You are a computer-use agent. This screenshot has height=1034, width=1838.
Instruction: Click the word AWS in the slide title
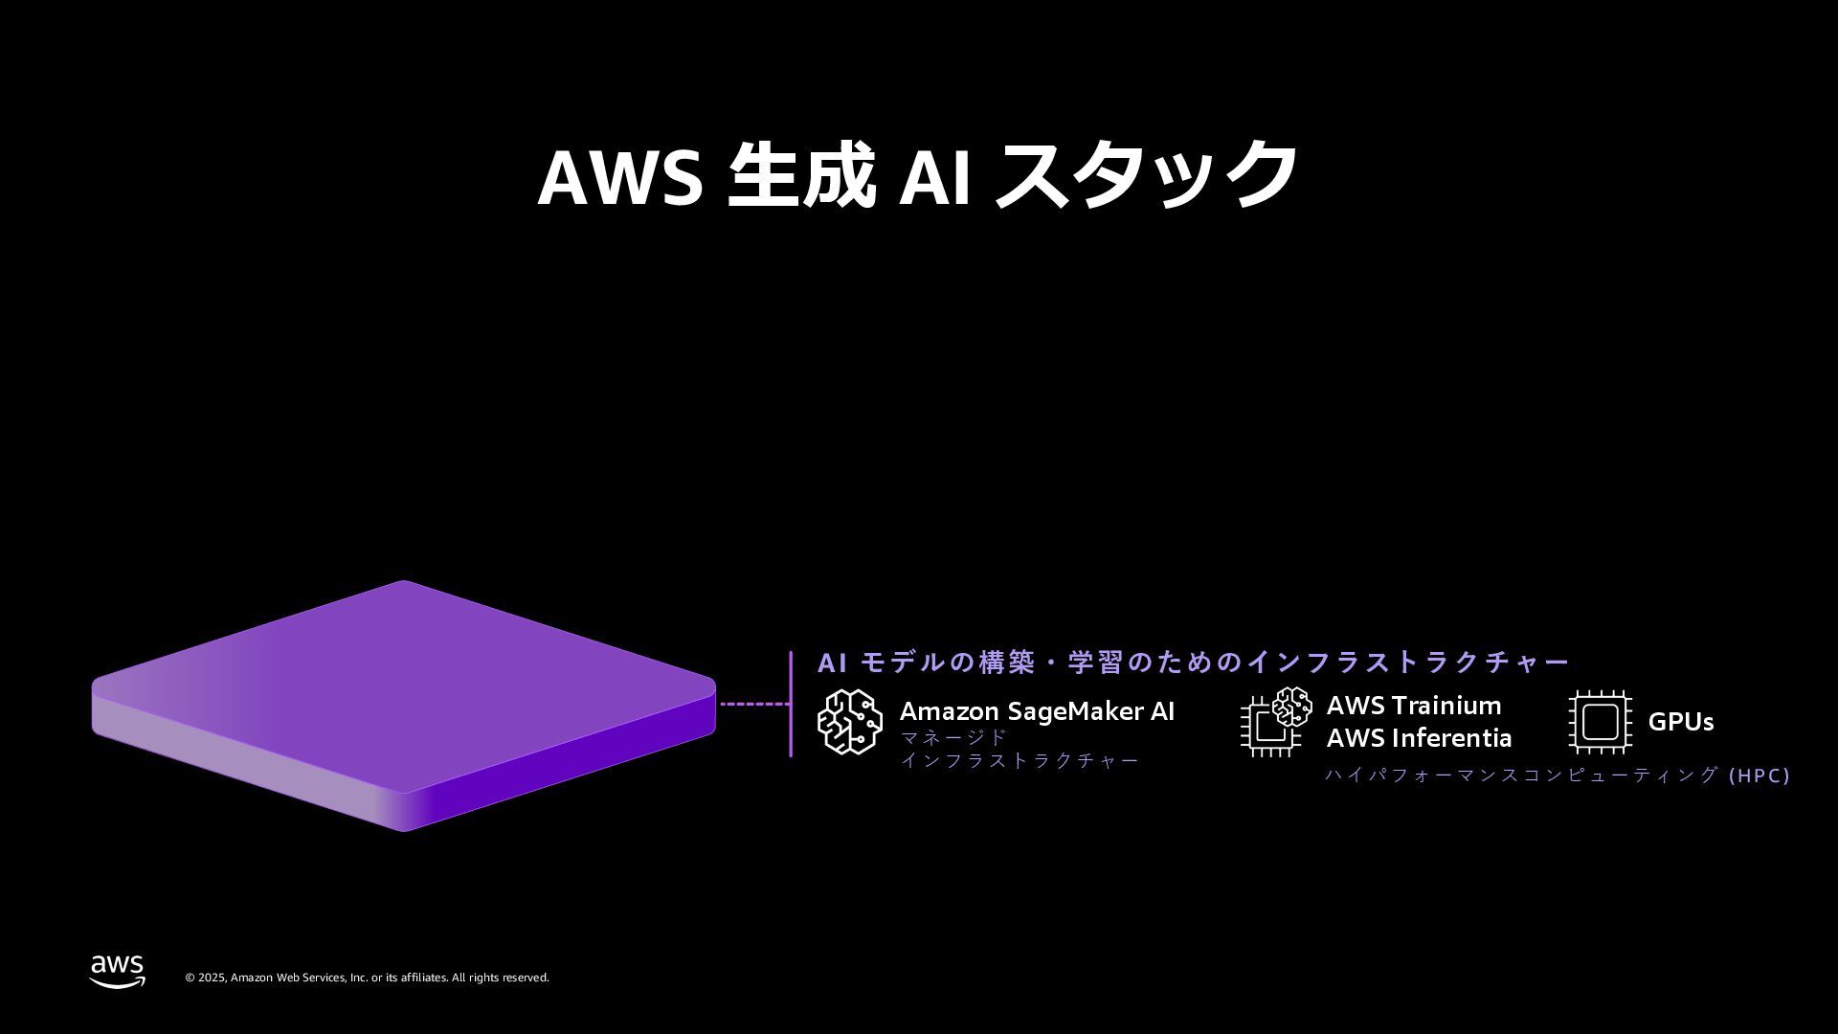pos(620,176)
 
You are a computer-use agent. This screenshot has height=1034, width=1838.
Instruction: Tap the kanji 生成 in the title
pos(801,176)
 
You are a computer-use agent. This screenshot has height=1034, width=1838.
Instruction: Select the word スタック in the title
pos(1146,176)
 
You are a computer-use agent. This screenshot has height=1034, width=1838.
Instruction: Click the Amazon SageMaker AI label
pos(1037,711)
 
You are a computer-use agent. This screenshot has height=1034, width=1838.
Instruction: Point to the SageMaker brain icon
pos(849,721)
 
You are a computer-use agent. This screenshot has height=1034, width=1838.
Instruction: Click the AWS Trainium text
pos(1413,706)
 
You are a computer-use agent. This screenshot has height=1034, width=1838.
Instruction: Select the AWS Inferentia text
pos(1419,738)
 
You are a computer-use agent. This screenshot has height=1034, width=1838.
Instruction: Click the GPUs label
pos(1680,722)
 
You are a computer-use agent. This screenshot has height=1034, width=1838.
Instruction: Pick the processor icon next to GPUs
pos(1600,722)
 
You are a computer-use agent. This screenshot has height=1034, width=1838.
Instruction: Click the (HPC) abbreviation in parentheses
pos(1760,775)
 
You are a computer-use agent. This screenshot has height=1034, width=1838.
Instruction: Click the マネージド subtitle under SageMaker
pos(953,737)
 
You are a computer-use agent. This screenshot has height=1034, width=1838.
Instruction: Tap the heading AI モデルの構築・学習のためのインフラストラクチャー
pos(1193,663)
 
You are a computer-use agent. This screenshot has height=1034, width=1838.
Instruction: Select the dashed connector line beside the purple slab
pos(754,704)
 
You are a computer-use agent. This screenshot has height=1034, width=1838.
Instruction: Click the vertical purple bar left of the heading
pos(791,704)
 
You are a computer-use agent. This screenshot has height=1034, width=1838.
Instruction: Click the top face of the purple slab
pos(402,661)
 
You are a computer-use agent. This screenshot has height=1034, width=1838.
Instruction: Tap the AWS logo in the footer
pos(118,971)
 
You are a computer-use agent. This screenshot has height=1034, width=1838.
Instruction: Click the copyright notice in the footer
pos(367,978)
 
